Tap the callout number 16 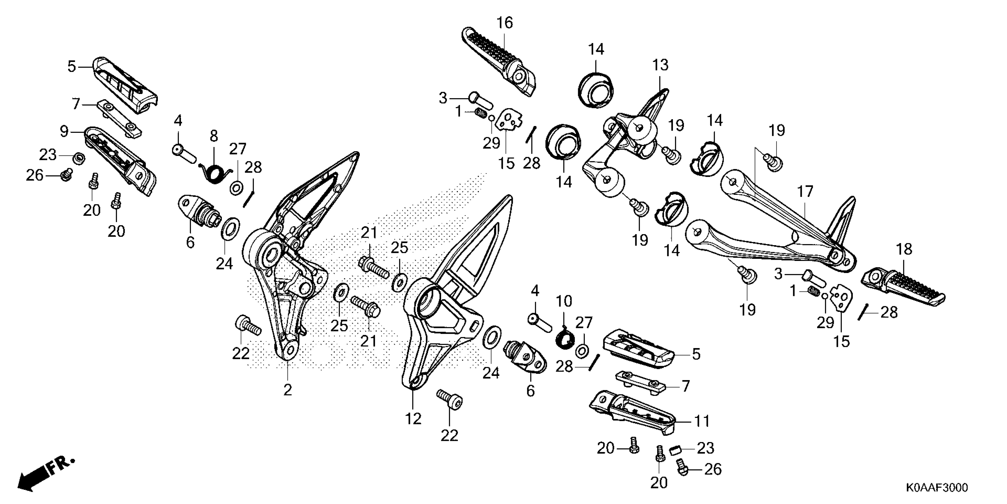[x=505, y=23]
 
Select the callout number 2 [x=287, y=390]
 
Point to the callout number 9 [x=64, y=131]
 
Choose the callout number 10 [x=564, y=301]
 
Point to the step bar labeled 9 [x=121, y=160]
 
